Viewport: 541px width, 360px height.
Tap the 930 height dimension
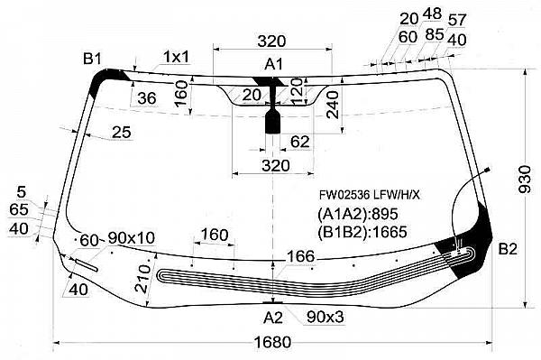coord(526,180)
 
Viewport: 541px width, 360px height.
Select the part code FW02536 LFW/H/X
coord(370,196)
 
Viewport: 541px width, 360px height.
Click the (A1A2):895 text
coord(358,214)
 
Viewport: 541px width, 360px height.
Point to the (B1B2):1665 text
coord(362,232)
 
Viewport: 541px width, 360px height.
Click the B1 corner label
coord(92,59)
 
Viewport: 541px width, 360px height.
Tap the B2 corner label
coord(508,248)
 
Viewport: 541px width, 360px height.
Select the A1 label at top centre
coord(273,64)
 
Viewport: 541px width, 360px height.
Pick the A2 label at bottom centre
coord(273,318)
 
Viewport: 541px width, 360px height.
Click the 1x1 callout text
coord(177,57)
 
